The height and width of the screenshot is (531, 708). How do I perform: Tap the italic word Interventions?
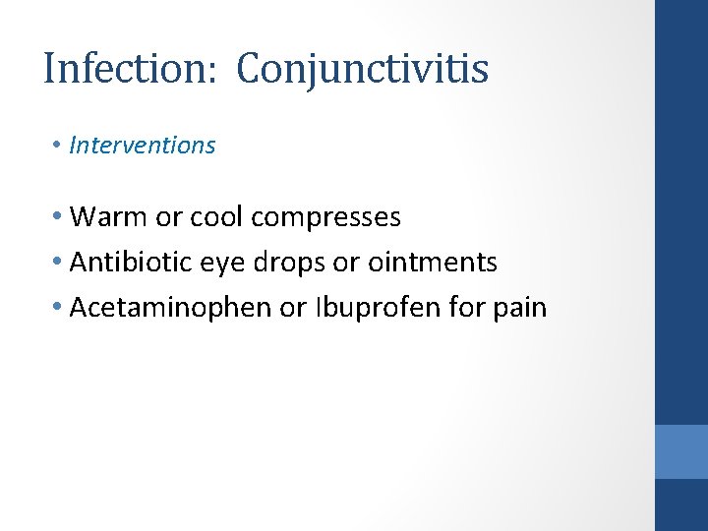pos(143,146)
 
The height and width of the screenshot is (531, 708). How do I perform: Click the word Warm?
pos(109,216)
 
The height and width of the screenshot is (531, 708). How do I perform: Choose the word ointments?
pos(433,263)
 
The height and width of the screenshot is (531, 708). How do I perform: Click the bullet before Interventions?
pos(59,146)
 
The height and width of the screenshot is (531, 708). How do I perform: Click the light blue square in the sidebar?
pos(680,451)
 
